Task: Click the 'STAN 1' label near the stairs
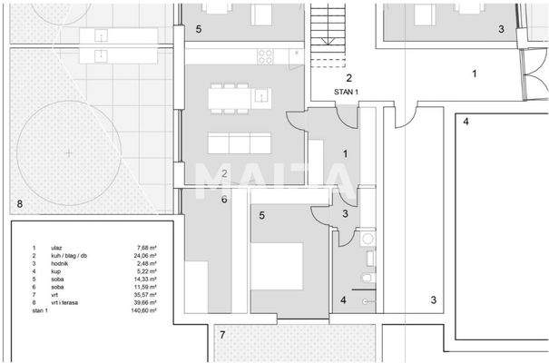344,92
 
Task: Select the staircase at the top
329,31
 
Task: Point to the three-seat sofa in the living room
240,143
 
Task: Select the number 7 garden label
223,335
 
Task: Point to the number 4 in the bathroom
343,300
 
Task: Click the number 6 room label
223,200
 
